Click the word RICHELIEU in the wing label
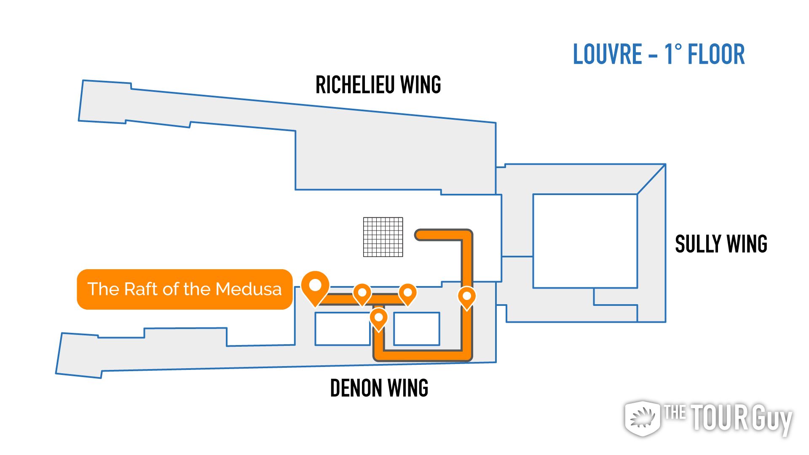click(x=355, y=85)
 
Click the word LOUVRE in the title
click(x=607, y=54)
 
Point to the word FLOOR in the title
click(x=716, y=54)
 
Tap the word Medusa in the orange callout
click(x=249, y=289)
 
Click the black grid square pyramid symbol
click(x=383, y=237)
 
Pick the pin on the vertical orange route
click(x=467, y=297)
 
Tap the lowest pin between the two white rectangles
click(x=378, y=319)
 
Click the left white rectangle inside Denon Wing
click(x=343, y=329)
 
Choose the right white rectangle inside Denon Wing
click(x=417, y=329)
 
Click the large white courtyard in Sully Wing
click(x=585, y=241)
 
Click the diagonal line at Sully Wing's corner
click(x=651, y=179)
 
